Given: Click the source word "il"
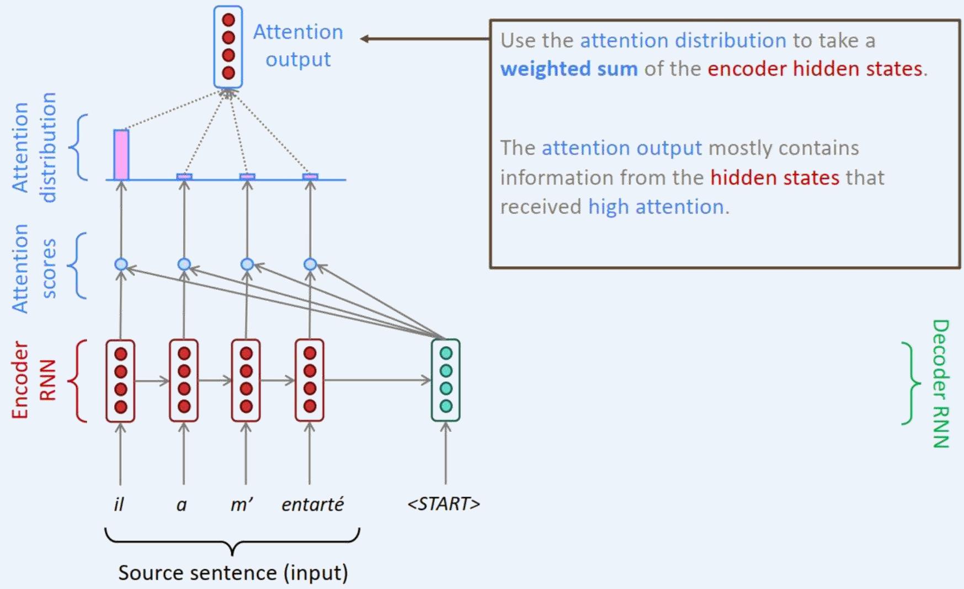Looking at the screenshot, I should coord(119,504).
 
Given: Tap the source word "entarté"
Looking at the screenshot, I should coord(312,504).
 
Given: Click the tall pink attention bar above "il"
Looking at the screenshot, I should coord(121,155).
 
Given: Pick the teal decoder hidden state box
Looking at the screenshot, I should coord(446,380).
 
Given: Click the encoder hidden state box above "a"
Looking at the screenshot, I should coord(184,380).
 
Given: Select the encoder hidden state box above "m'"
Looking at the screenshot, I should coord(246,380).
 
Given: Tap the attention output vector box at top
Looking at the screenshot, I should coord(228,47).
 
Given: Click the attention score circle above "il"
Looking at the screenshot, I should coord(121,264).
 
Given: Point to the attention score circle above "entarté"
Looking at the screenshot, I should coord(310,264).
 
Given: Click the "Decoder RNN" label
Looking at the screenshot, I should coord(940,384).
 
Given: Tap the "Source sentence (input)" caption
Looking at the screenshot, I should coord(233,572).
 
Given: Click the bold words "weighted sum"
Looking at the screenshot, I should coord(569,69).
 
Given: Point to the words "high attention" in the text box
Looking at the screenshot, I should coord(656,207).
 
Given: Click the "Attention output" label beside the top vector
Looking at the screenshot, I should coord(298,45).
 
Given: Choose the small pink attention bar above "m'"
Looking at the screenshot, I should coord(247,177).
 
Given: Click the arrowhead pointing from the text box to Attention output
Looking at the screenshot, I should coord(365,39).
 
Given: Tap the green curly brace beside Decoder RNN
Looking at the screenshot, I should coord(911,383).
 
